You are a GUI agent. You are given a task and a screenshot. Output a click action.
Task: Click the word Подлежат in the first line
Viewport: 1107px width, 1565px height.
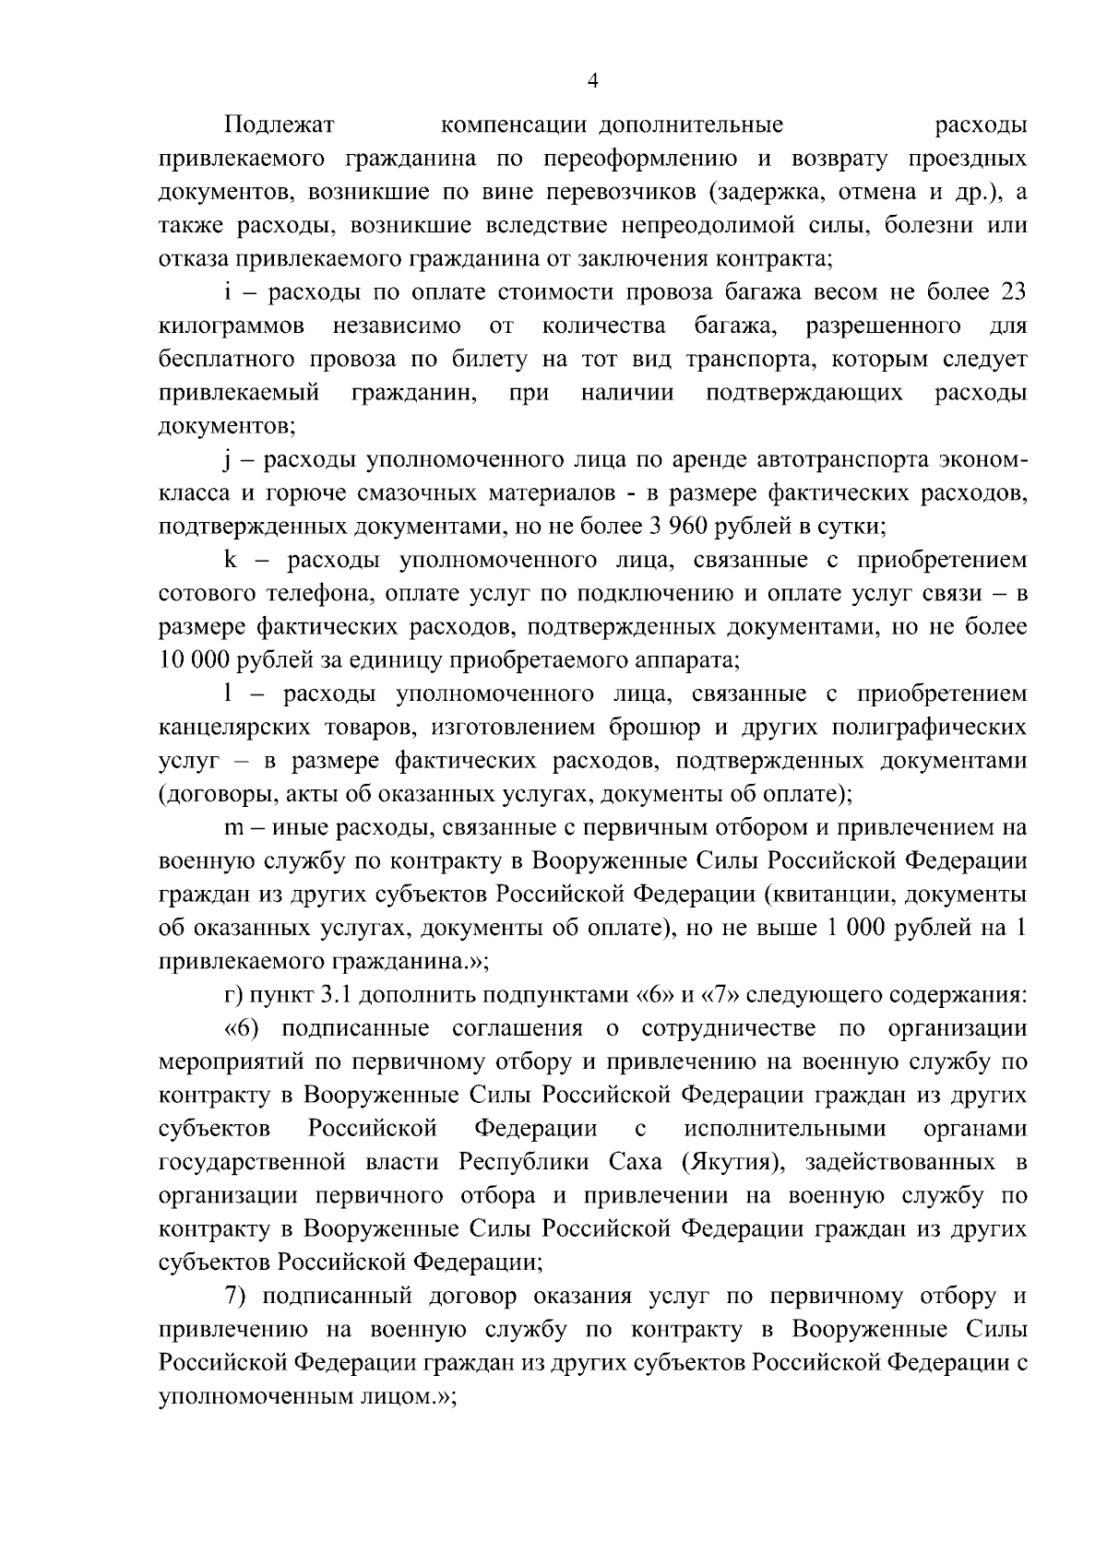pyautogui.click(x=279, y=124)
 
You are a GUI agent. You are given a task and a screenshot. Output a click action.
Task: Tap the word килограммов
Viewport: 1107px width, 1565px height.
pyautogui.click(x=232, y=326)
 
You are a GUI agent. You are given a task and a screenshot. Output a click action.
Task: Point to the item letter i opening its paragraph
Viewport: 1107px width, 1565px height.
pyautogui.click(x=227, y=292)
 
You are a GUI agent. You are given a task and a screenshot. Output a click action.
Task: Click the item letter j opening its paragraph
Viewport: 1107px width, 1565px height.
pyautogui.click(x=227, y=460)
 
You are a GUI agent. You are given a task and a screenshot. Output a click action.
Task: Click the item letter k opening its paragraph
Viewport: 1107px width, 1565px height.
pyautogui.click(x=231, y=560)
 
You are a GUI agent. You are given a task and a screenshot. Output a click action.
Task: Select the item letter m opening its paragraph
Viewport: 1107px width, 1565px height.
pyautogui.click(x=233, y=828)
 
